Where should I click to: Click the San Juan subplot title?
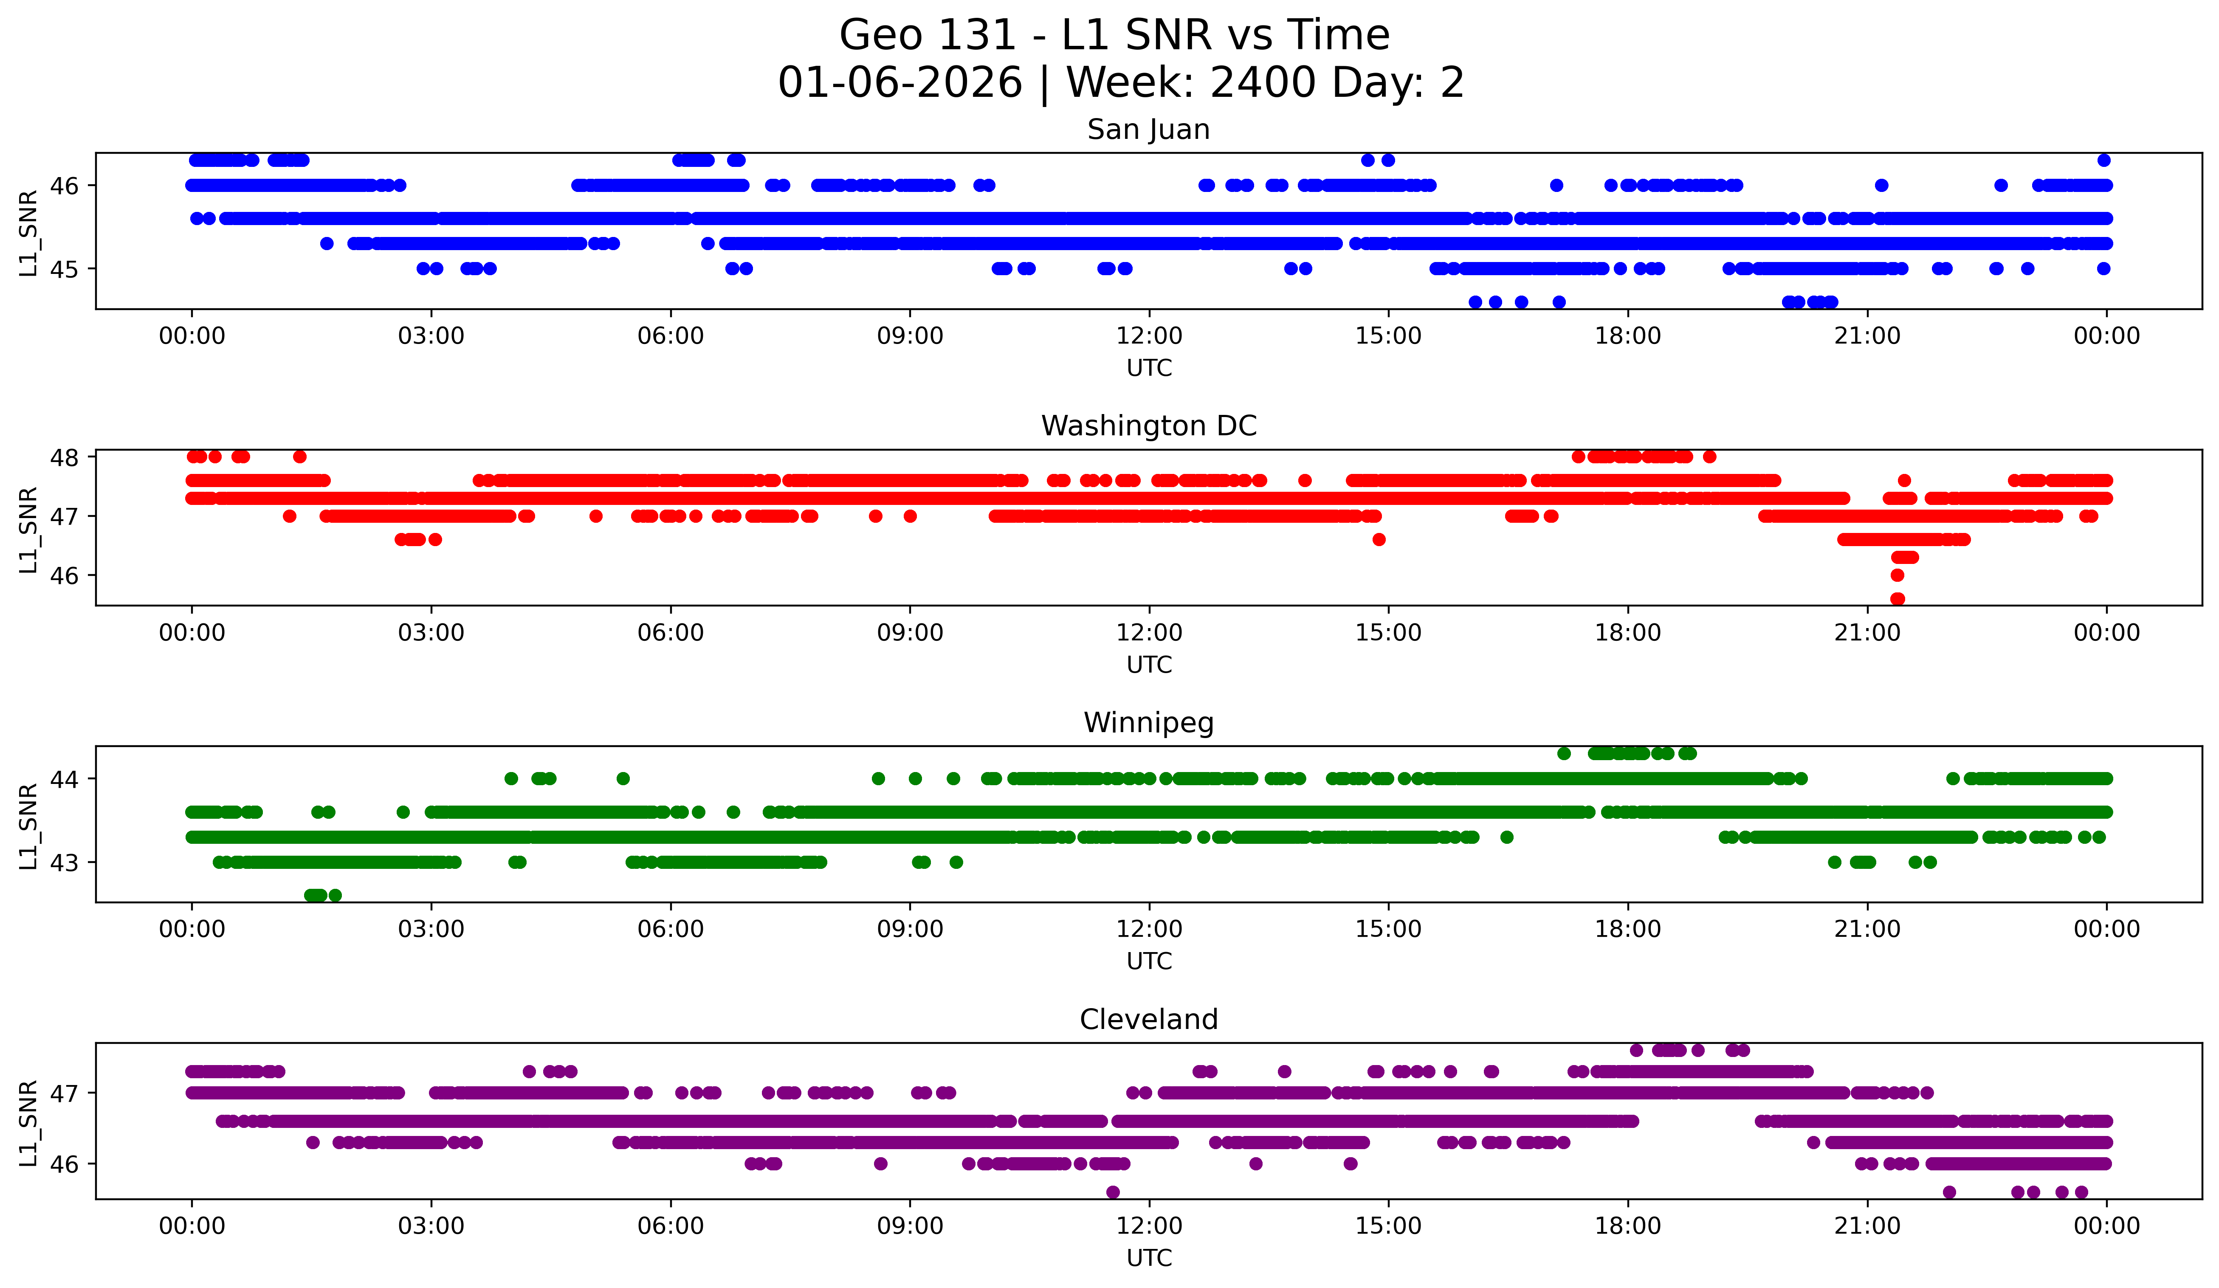1148,130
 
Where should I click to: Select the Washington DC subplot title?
1148,426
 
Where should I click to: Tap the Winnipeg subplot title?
1148,723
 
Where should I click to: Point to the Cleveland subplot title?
1148,1020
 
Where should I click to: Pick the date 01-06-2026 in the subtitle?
900,83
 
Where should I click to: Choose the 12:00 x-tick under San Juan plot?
1149,335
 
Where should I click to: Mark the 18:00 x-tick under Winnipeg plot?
1627,929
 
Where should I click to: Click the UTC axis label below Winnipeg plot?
1149,961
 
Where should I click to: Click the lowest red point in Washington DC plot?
1898,599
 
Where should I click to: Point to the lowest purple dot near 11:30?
1113,1192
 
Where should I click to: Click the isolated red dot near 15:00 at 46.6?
1379,540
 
